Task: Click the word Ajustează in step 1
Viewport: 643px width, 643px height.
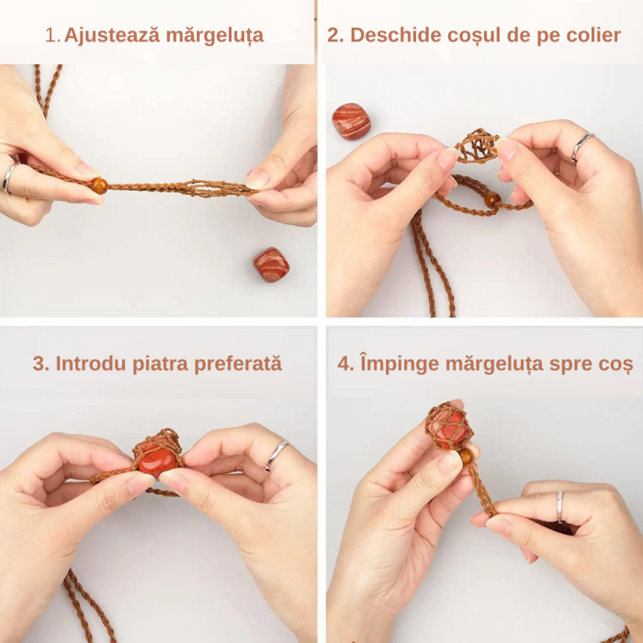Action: pyautogui.click(x=100, y=36)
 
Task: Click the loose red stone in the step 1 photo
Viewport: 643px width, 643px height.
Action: pyautogui.click(x=271, y=265)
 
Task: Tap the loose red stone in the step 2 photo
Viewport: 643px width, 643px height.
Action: pyautogui.click(x=351, y=121)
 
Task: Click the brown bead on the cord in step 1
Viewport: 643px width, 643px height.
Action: pyautogui.click(x=98, y=186)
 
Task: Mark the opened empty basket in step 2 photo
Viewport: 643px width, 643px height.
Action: pyautogui.click(x=477, y=147)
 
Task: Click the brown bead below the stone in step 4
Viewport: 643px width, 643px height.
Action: pyautogui.click(x=467, y=456)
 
